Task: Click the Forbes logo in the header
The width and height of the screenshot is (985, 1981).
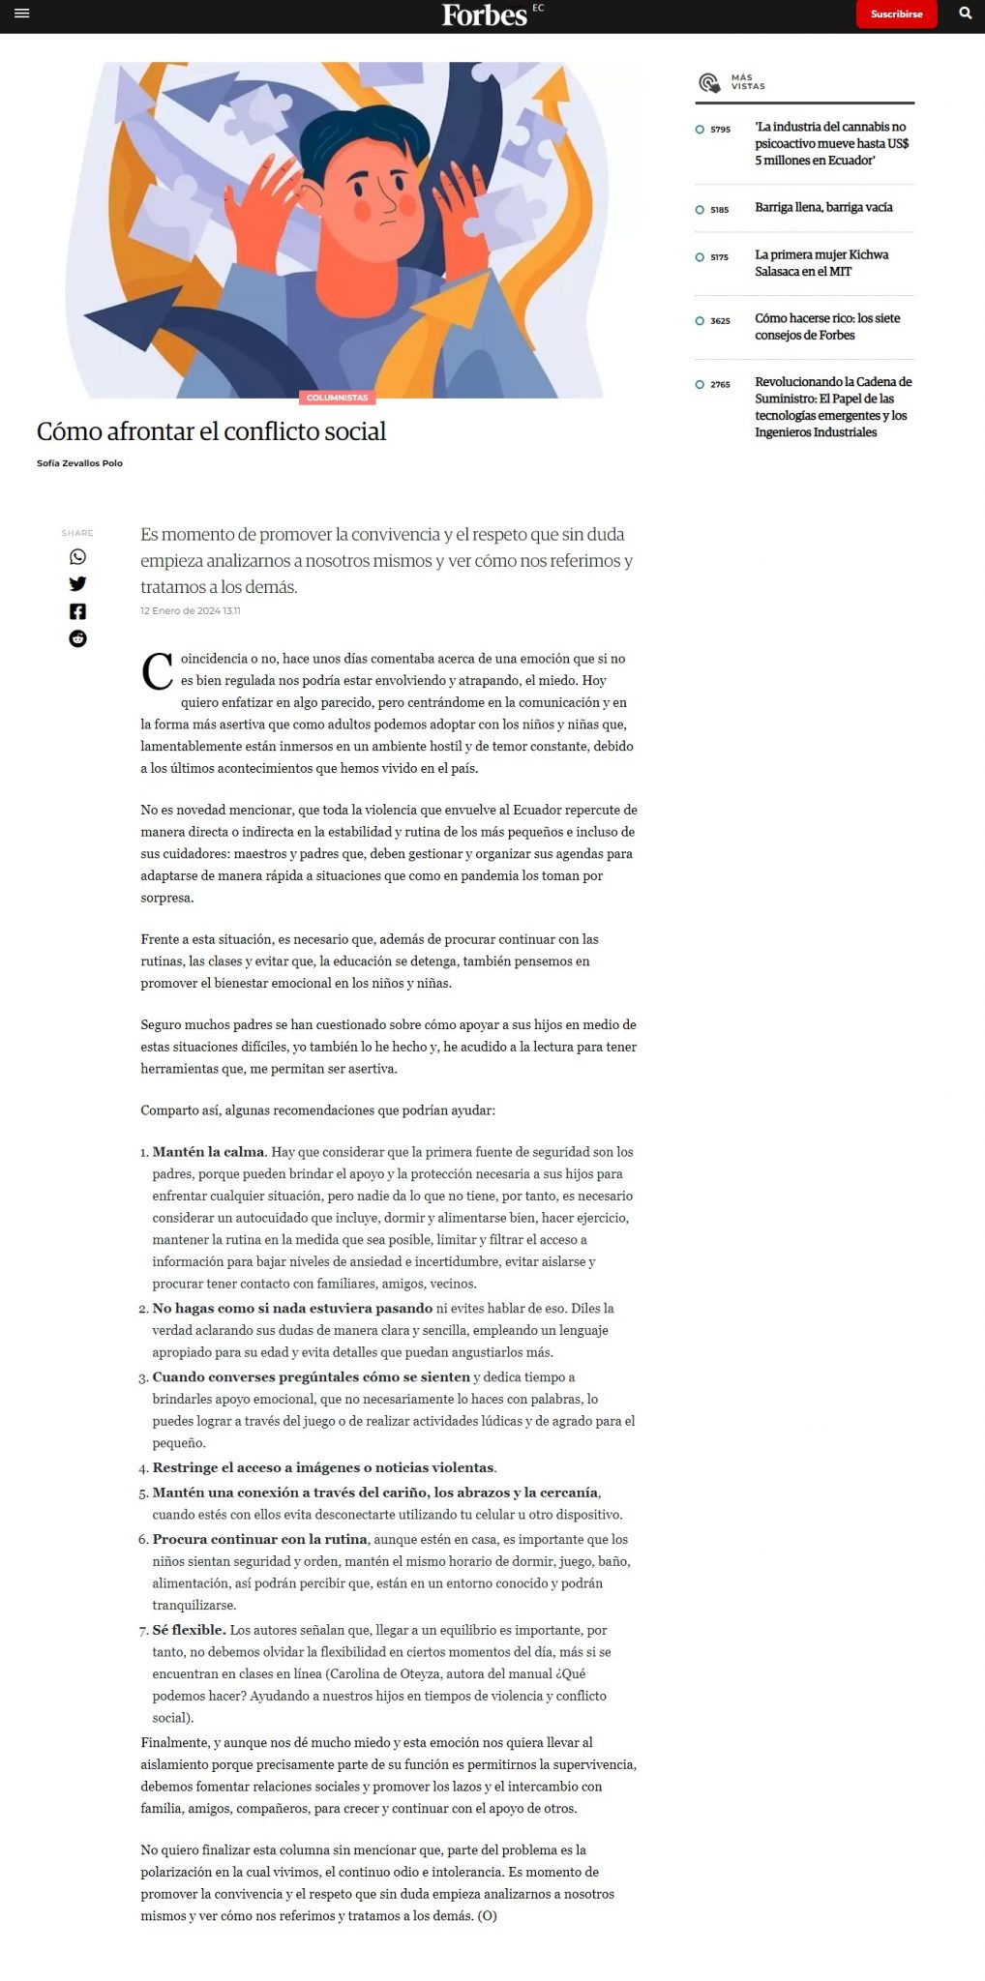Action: pos(485,15)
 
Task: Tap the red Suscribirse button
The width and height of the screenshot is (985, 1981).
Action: pos(896,15)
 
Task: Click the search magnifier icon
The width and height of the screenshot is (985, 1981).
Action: pos(965,14)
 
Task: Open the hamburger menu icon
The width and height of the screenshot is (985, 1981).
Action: pos(22,14)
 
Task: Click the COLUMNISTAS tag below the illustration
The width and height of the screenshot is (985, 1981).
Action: pos(337,398)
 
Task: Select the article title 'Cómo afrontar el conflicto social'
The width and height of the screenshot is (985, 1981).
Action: pos(211,431)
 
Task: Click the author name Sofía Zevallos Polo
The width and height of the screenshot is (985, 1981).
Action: pos(79,463)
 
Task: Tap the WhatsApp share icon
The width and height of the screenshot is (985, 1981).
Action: pos(77,557)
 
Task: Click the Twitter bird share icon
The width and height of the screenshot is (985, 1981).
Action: pos(77,584)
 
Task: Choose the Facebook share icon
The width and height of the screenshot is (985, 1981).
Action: pos(77,611)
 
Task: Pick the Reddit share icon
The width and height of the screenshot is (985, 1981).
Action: pos(77,638)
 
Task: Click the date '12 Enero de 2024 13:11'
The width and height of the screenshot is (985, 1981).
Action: pos(191,611)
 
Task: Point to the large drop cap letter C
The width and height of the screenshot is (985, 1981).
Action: pos(157,671)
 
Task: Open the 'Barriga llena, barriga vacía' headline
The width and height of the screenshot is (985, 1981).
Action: pos(823,208)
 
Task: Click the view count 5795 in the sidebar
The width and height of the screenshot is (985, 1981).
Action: pos(720,130)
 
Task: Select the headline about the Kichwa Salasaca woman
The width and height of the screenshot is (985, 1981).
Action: pos(821,263)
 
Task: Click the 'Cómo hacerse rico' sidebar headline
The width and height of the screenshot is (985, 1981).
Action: pos(827,327)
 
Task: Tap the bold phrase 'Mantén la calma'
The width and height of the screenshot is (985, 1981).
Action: pos(208,1152)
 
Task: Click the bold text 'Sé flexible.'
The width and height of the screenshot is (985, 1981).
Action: pos(189,1630)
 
